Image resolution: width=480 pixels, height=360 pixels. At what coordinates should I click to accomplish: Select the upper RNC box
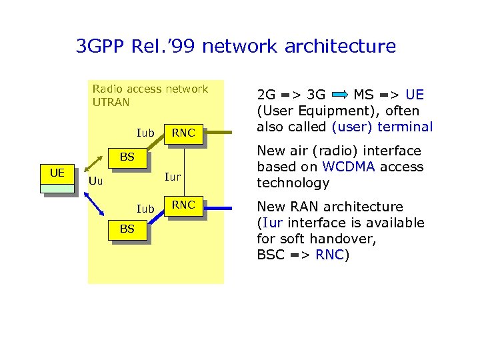coord(183,133)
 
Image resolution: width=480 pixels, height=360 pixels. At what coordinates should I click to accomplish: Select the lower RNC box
coord(183,205)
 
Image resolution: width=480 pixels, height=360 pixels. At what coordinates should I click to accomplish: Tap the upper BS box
coord(127,159)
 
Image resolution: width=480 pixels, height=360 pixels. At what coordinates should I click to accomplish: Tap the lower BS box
coord(127,229)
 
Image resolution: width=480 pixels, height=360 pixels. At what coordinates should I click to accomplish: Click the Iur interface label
coord(173,177)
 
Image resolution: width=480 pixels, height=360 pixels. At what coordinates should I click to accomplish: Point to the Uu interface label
coord(96,181)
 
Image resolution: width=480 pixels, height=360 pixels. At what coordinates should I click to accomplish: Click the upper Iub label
coord(145,133)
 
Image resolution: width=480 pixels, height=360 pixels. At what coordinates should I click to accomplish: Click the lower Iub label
coord(145,209)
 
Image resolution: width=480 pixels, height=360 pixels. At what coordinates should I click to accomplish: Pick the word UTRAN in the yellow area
coord(111,103)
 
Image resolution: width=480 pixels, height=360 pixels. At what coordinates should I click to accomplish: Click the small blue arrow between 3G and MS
coord(339,95)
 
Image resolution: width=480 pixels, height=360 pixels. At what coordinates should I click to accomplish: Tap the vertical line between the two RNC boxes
coord(183,170)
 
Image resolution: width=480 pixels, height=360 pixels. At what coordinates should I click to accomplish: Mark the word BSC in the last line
coord(272,255)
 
